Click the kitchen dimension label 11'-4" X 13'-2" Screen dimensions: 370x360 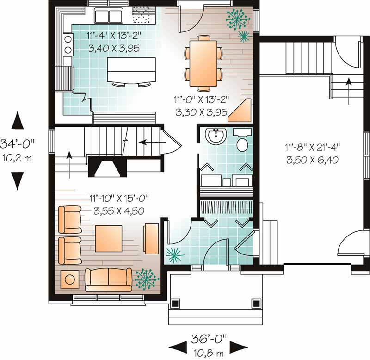114,36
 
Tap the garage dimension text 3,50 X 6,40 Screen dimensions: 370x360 313,160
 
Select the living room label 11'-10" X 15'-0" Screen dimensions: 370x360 119,199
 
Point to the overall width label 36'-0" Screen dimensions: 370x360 209,339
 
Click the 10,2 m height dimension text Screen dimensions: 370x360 17,158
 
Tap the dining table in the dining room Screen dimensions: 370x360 203,63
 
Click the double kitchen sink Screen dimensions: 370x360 109,16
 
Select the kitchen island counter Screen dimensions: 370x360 131,70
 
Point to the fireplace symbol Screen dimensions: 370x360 107,168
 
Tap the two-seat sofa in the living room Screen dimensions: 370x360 108,280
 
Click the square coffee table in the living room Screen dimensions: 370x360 109,239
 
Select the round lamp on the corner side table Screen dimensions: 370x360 70,280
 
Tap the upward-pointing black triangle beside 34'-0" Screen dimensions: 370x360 18,120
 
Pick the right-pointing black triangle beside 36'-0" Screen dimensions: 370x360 238,347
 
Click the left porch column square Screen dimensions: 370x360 175,303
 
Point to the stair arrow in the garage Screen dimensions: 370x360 349,91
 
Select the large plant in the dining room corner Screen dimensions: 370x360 237,19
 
